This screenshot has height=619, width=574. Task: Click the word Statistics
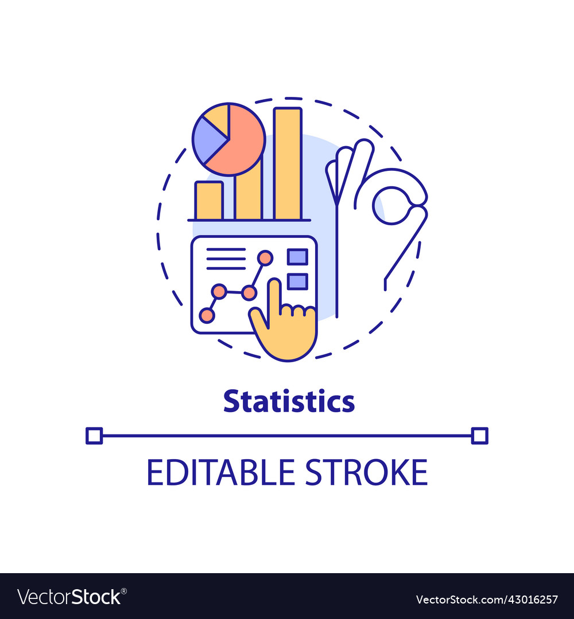pos(289,402)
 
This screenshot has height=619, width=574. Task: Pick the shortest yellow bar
pos(208,200)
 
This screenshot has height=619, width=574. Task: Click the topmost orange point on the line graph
pos(265,258)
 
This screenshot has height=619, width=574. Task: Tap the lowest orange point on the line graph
pos(207,315)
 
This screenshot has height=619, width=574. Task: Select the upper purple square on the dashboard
pos(297,257)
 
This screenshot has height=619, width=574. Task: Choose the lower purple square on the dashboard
pos(297,281)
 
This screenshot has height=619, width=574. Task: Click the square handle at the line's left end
pos(94,436)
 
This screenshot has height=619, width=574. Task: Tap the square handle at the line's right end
pos(479,436)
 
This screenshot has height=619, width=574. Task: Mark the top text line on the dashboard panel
pos(226,250)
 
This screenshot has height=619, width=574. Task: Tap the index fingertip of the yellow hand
pos(274,285)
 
